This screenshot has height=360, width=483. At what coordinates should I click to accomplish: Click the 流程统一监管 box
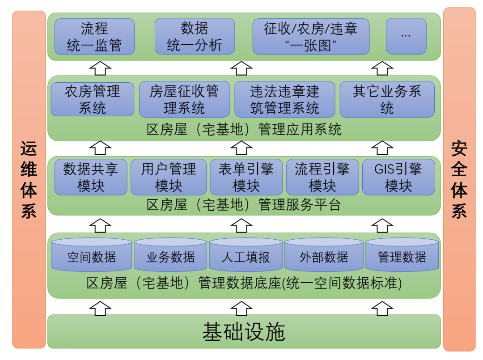point(94,37)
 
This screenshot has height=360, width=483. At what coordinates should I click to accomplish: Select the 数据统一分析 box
point(195,37)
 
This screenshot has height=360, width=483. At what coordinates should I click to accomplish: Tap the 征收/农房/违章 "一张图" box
point(311,37)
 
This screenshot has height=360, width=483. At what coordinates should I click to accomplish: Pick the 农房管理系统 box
point(93,99)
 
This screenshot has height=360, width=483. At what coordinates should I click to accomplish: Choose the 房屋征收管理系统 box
point(184,99)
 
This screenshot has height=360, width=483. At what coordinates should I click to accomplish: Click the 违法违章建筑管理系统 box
point(284,99)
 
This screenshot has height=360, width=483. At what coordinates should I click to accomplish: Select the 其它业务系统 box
point(387,99)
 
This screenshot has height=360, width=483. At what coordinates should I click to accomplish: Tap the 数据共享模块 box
point(91,177)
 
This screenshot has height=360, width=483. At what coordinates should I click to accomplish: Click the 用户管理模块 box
point(169,177)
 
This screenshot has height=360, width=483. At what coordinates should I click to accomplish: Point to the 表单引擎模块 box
point(246,177)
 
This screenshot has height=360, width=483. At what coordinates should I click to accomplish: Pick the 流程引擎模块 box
point(322,177)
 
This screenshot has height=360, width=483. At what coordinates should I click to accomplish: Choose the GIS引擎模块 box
point(398,177)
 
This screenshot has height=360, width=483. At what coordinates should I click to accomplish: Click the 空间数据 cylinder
point(92,257)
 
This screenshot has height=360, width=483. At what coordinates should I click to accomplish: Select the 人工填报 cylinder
point(246,257)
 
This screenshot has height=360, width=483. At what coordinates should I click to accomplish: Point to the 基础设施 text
point(244,332)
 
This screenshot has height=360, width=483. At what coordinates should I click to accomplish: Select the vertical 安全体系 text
point(459,179)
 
